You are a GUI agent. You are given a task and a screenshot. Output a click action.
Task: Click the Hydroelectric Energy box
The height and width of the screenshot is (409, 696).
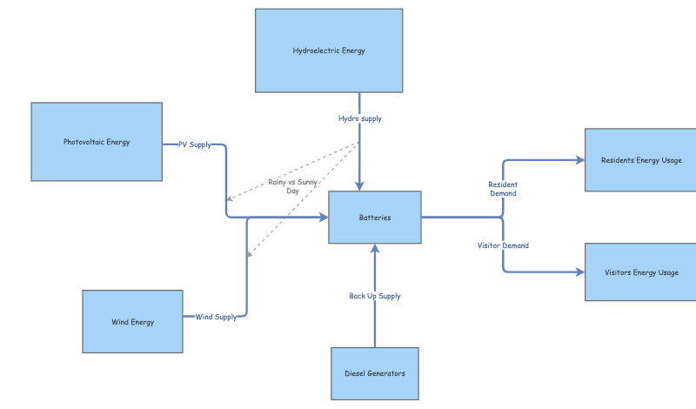pyautogui.click(x=329, y=50)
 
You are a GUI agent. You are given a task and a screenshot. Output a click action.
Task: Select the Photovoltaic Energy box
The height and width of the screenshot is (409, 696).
pyautogui.click(x=97, y=142)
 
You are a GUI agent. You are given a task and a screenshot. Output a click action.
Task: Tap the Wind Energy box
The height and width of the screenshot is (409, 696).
pyautogui.click(x=132, y=322)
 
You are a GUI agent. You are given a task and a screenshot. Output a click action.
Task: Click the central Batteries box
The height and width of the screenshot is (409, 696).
pyautogui.click(x=374, y=218)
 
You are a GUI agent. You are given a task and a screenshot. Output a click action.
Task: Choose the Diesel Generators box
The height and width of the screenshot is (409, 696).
pyautogui.click(x=374, y=373)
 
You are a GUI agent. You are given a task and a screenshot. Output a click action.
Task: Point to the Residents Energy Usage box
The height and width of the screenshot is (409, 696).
pyautogui.click(x=640, y=160)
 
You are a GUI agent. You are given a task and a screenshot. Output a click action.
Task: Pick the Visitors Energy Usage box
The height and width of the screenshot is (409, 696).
pyautogui.click(x=640, y=272)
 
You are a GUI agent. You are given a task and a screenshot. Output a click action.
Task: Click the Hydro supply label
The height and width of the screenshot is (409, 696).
pyautogui.click(x=359, y=118)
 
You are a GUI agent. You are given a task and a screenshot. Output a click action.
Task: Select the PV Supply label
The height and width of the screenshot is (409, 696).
pyautogui.click(x=195, y=144)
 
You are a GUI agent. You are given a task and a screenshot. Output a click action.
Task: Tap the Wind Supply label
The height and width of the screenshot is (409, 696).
pyautogui.click(x=216, y=317)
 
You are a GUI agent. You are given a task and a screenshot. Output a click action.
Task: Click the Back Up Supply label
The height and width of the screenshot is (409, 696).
pyautogui.click(x=375, y=296)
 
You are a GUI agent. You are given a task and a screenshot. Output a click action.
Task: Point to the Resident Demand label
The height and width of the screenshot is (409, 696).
pyautogui.click(x=503, y=189)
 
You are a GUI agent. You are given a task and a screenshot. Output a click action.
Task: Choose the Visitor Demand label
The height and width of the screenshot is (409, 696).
pyautogui.click(x=503, y=245)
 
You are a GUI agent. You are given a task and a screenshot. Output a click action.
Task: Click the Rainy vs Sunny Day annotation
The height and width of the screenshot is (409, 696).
pyautogui.click(x=293, y=186)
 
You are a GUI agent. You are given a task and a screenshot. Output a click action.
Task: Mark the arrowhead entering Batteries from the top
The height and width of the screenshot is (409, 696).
pyautogui.click(x=359, y=186)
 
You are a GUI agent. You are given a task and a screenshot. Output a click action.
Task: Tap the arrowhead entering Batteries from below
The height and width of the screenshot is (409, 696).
pyautogui.click(x=375, y=249)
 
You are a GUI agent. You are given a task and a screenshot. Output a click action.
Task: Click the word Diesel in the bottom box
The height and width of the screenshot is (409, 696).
pyautogui.click(x=357, y=373)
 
